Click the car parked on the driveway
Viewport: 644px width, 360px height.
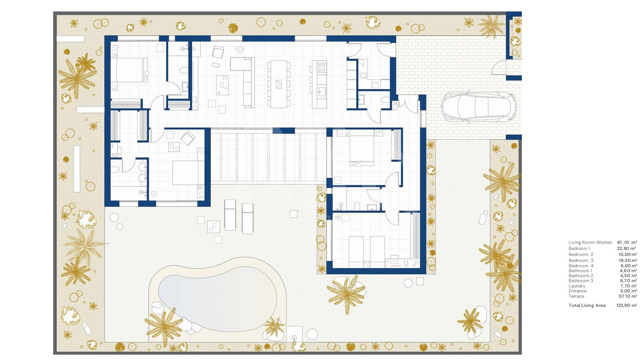[x=478, y=107]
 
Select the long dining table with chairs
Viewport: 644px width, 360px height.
[x=279, y=84]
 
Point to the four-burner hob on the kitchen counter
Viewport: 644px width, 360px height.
[x=321, y=67]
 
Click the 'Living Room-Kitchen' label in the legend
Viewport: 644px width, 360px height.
[x=590, y=242]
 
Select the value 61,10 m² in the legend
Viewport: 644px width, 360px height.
[x=627, y=242]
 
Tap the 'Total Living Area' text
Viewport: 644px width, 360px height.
[x=587, y=305]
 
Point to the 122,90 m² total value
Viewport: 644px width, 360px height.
[x=627, y=305]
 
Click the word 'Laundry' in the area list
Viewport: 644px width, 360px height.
[x=577, y=286]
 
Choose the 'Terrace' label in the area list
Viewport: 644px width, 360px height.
[x=576, y=296]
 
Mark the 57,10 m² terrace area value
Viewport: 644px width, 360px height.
[x=628, y=296]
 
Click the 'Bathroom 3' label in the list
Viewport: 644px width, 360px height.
[x=581, y=281]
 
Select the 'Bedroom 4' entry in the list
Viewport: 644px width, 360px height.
[x=581, y=266]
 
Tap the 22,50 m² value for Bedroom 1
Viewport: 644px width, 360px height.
[x=627, y=248]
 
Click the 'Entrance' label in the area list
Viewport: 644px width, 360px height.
[x=578, y=291]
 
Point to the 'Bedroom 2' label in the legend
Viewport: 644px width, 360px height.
[x=581, y=255]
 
